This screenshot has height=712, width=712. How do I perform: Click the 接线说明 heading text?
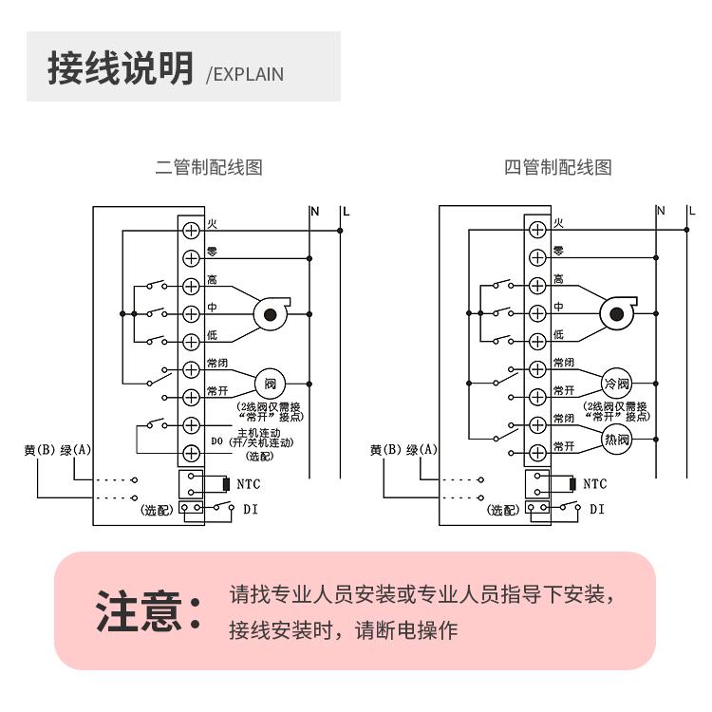coord(120,68)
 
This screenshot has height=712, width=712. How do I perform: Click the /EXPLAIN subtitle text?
coord(245,74)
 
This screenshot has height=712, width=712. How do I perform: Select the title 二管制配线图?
coord(209,168)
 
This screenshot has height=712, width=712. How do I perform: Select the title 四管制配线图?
coord(557,168)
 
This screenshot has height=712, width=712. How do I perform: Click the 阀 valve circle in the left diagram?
coord(271,384)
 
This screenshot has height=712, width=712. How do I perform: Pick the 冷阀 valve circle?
coord(617,384)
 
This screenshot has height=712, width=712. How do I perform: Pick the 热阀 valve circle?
coord(617,439)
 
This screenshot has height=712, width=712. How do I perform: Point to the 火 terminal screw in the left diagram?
coord(190,230)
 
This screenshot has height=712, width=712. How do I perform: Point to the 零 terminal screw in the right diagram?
coord(537,256)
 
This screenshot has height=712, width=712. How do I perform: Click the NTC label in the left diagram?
coord(250,484)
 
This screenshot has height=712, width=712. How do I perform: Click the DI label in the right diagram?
coord(596,510)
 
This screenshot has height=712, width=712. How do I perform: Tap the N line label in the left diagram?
coord(314,211)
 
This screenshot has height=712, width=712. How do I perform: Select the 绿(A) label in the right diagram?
coord(422,450)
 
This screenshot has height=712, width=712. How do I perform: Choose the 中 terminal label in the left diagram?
coord(212,307)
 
